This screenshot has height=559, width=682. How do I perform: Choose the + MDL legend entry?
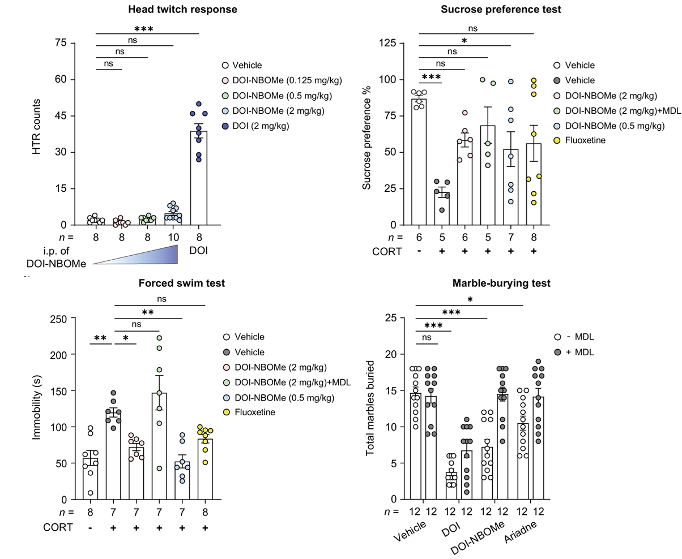[577, 352]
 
